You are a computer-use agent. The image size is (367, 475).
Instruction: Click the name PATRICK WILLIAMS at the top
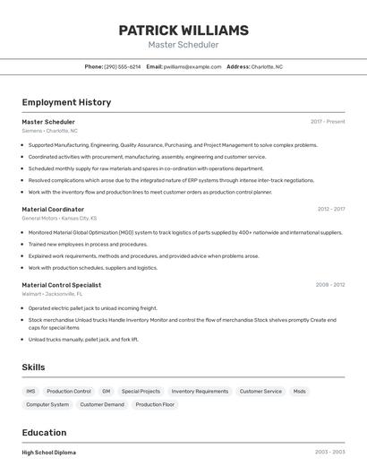tap(183, 30)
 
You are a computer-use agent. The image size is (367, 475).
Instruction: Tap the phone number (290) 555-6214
tap(123, 66)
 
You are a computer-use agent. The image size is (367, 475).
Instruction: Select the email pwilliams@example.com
tap(192, 66)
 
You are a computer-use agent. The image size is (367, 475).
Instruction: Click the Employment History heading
tap(66, 102)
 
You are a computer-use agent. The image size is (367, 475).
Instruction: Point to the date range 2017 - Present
tap(328, 121)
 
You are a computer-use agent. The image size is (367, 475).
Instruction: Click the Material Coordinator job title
tap(53, 209)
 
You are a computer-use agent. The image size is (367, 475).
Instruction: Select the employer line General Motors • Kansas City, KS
tap(59, 218)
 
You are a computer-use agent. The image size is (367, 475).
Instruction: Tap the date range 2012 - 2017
tap(330, 209)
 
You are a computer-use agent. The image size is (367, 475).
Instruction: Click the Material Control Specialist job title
tap(62, 285)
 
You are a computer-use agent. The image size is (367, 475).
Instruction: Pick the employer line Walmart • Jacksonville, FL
tap(52, 294)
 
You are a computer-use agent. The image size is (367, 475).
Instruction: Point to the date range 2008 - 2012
tap(330, 285)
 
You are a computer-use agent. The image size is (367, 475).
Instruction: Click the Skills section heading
tap(33, 367)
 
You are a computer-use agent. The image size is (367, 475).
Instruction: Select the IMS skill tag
tap(30, 392)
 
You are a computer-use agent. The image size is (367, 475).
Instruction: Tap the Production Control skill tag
tap(69, 392)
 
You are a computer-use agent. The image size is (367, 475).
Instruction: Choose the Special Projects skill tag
tap(141, 392)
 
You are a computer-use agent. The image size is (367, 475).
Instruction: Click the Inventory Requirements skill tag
tap(200, 392)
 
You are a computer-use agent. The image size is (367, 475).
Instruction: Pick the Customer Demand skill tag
tap(102, 404)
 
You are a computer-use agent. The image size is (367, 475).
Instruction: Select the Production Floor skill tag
tap(155, 404)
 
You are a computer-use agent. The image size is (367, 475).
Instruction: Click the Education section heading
tap(44, 432)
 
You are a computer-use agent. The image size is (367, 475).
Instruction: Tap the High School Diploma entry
tap(49, 453)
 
